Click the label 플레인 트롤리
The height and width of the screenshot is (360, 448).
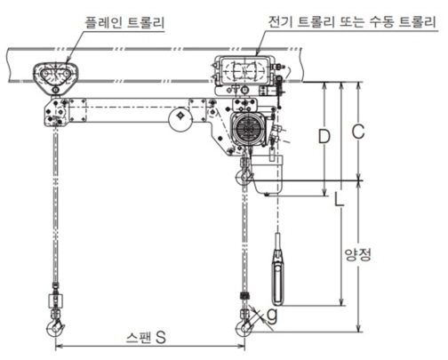(x=124, y=23)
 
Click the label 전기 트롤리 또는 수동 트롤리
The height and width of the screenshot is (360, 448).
(x=352, y=22)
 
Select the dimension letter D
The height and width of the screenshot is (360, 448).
(x=324, y=137)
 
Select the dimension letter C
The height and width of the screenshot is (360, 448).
(x=358, y=132)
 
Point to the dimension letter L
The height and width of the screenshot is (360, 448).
(x=339, y=198)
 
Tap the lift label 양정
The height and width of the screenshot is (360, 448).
(x=358, y=254)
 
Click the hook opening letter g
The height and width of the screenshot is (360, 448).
(x=272, y=316)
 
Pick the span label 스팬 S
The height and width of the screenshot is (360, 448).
(x=146, y=338)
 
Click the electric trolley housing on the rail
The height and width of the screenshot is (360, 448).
(x=243, y=70)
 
